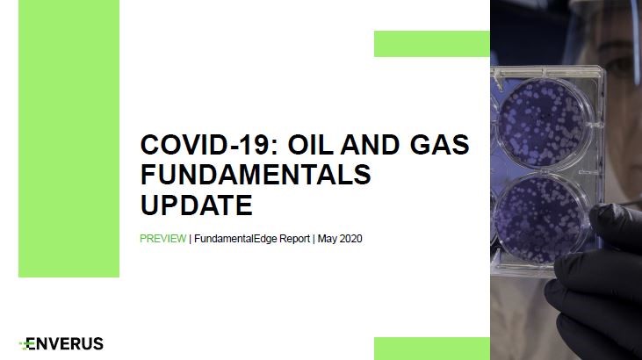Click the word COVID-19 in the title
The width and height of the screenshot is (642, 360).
[209, 145]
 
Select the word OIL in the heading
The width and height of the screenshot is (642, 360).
[310, 145]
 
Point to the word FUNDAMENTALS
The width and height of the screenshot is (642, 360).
[256, 175]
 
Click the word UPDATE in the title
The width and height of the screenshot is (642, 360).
[197, 205]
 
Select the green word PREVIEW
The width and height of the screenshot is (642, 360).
[163, 238]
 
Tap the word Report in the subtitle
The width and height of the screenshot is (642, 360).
[294, 239]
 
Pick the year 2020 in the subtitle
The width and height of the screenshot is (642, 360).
[350, 238]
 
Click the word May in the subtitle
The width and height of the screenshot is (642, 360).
[327, 239]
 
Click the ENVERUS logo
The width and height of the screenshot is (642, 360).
[61, 343]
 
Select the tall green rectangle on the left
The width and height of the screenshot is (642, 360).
[69, 139]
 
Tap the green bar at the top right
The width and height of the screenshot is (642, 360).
[432, 44]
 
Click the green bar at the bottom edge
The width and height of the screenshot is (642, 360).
[432, 349]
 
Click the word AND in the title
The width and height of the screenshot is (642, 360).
[370, 145]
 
